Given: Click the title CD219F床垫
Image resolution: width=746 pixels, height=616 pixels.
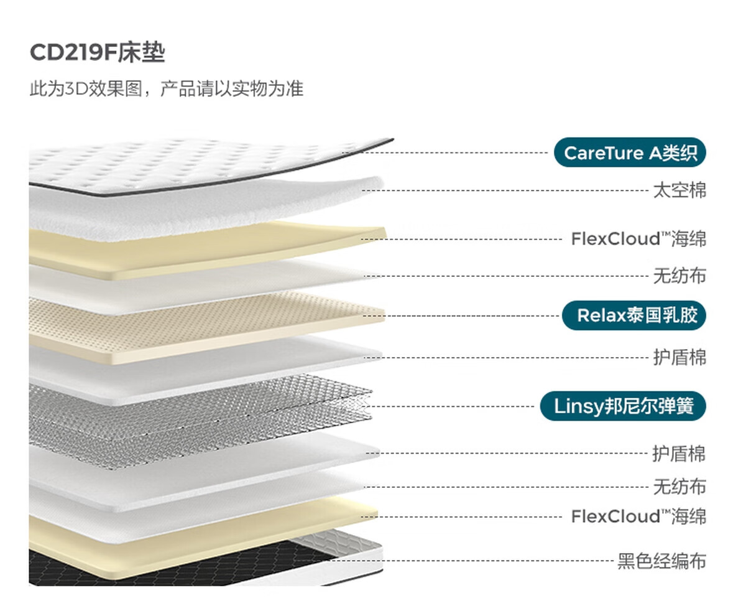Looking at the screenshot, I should point(97,54).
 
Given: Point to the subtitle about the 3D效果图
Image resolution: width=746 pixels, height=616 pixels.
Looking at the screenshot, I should point(167,88).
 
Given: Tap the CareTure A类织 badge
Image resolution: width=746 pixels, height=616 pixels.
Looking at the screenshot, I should point(630,153).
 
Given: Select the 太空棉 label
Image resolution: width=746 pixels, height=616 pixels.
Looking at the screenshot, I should point(679,190).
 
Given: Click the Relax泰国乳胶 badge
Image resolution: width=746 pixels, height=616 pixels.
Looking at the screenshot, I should point(633,315).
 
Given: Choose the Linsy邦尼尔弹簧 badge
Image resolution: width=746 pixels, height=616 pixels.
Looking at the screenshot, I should point(622,407).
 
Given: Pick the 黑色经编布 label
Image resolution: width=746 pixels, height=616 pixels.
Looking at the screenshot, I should point(661,561).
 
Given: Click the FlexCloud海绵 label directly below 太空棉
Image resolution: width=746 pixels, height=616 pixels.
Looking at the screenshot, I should point(638,239).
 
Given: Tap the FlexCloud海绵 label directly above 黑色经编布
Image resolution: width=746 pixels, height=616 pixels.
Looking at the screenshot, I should point(638,516).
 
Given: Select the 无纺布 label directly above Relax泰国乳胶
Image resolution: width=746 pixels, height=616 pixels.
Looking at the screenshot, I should point(679,276).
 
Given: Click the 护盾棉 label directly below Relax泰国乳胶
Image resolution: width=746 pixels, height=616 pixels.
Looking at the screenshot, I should point(679,358).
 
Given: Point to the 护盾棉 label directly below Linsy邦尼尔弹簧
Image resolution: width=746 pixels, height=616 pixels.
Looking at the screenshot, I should point(679,454).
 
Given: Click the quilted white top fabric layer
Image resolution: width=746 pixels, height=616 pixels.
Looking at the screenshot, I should point(186,163).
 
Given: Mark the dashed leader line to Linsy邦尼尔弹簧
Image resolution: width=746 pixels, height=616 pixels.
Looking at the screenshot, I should point(454,407).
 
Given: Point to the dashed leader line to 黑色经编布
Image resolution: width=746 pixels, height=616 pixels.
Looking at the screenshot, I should point(466,561).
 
